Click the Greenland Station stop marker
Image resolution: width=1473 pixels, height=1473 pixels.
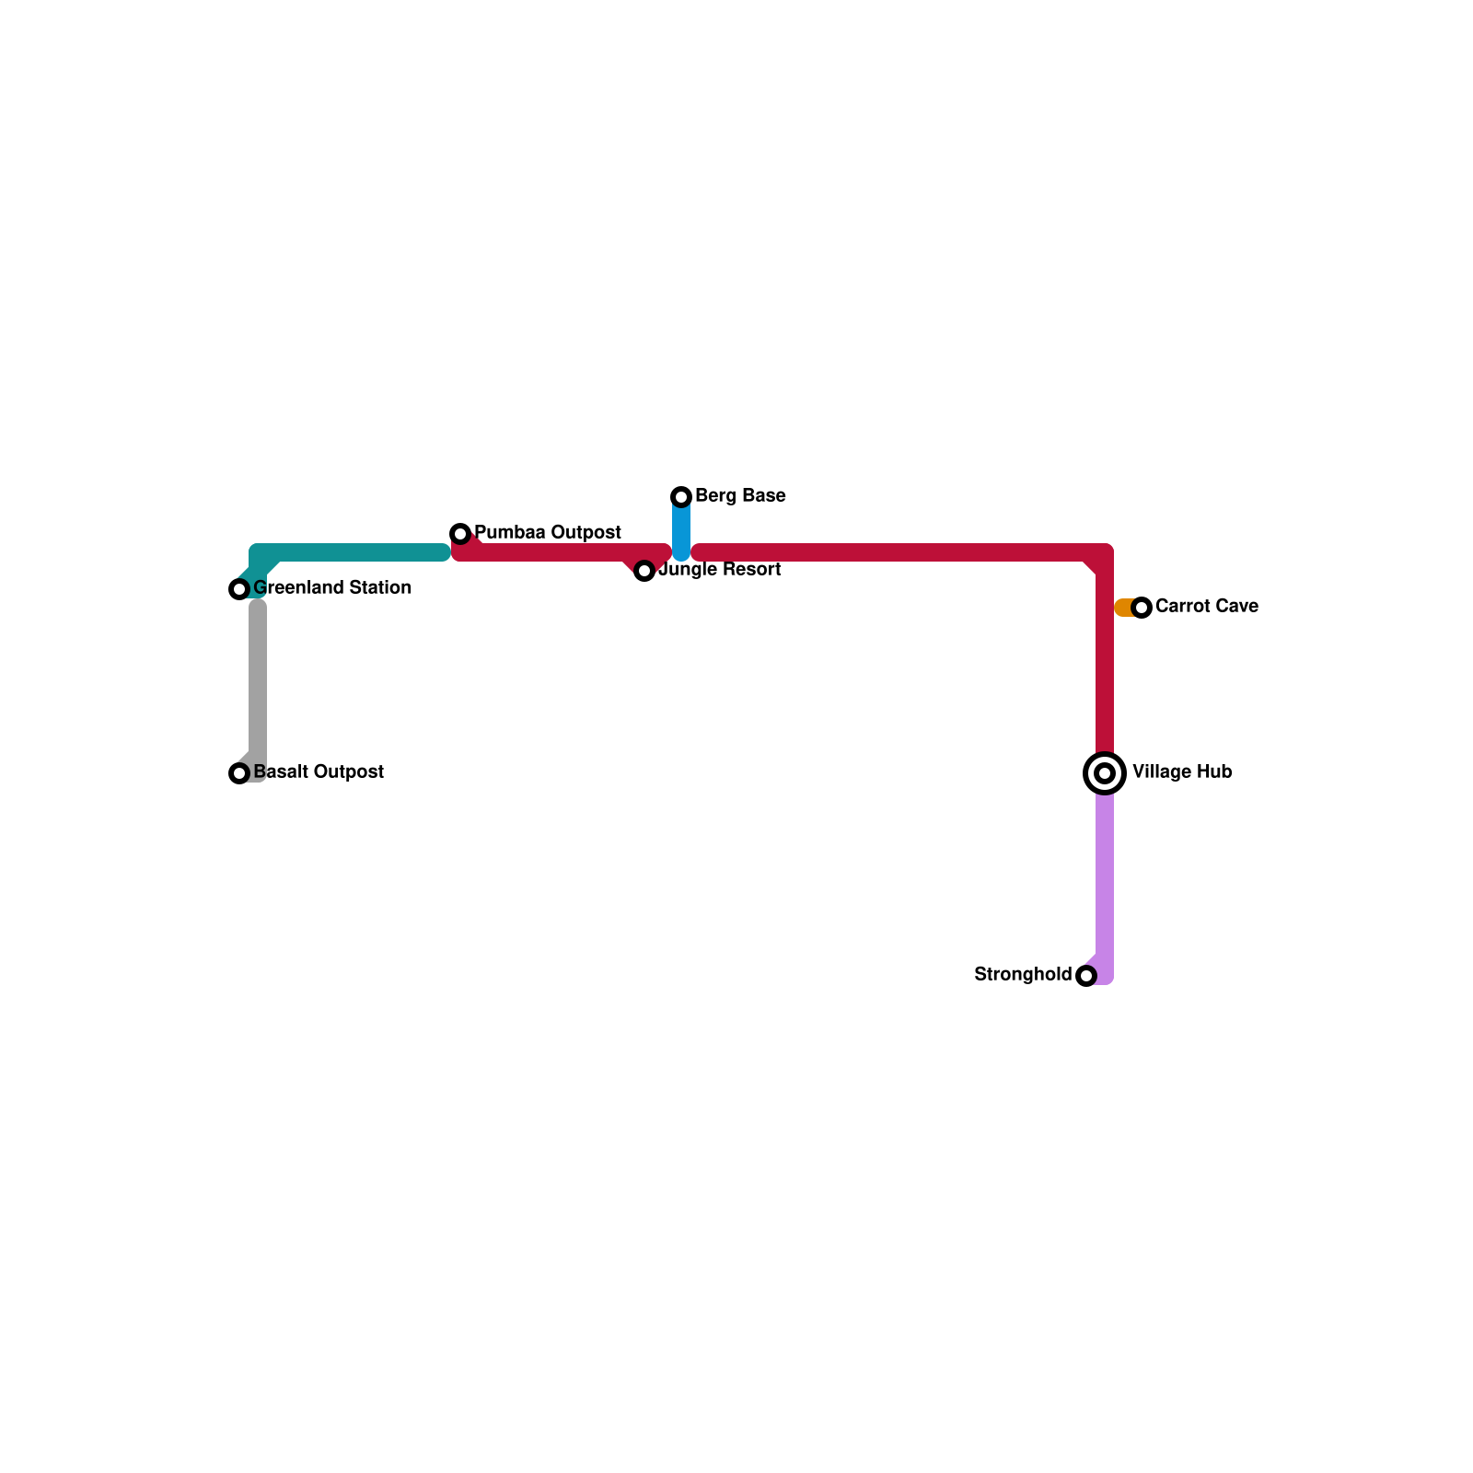pyautogui.click(x=239, y=589)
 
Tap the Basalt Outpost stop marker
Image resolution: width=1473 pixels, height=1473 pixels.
pyautogui.click(x=239, y=773)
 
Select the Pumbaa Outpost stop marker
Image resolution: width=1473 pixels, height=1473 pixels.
pyautogui.click(x=460, y=534)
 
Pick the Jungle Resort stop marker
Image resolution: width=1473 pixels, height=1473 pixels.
pyautogui.click(x=644, y=571)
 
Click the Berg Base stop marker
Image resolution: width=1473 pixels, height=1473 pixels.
pyautogui.click(x=681, y=497)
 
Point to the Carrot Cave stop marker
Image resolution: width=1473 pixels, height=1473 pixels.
pyautogui.click(x=1142, y=608)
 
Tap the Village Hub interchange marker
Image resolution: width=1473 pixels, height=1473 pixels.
pyautogui.click(x=1105, y=773)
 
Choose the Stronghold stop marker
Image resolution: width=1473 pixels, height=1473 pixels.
pyautogui.click(x=1086, y=976)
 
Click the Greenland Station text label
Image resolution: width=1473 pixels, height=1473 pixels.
pyautogui.click(x=332, y=587)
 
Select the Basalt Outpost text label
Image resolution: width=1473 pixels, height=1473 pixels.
pyautogui.click(x=319, y=771)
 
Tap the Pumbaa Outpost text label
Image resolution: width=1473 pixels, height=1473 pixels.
pyautogui.click(x=548, y=532)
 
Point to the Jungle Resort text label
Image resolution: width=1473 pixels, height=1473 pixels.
pyautogui.click(x=720, y=569)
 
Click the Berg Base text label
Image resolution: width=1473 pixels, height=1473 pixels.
pyautogui.click(x=740, y=495)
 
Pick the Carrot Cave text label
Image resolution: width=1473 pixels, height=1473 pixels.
pyautogui.click(x=1206, y=606)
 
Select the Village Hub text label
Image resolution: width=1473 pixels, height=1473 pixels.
pyautogui.click(x=1182, y=771)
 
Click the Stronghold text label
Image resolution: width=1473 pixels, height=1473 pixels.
pyautogui.click(x=1023, y=974)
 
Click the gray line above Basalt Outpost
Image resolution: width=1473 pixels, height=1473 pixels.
pyautogui.click(x=258, y=681)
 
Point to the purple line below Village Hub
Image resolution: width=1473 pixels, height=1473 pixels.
pyautogui.click(x=1105, y=875)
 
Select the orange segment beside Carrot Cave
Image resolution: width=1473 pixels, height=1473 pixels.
pyautogui.click(x=1123, y=608)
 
